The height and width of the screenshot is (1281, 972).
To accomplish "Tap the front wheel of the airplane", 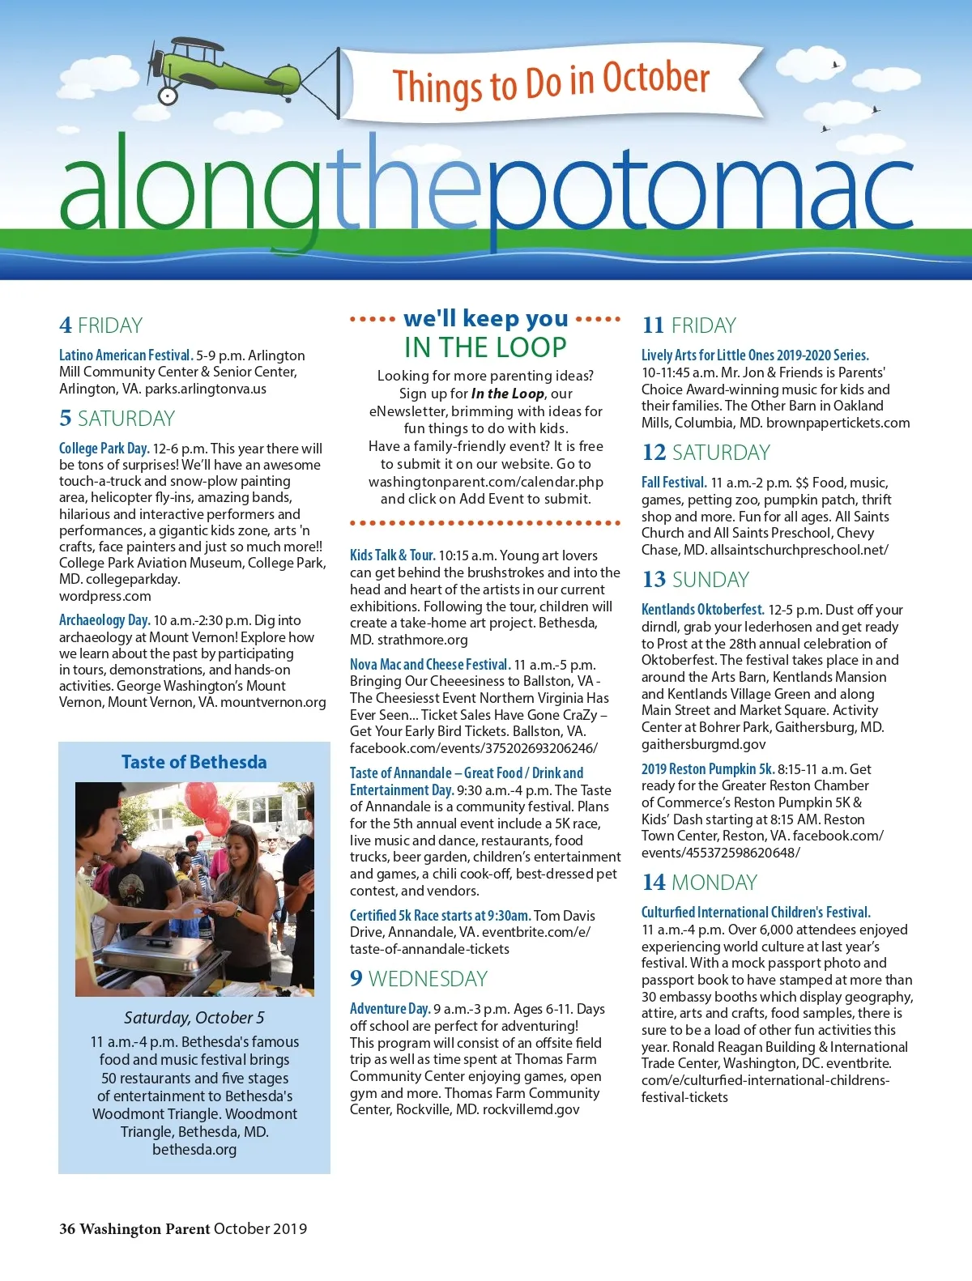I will click(x=168, y=96).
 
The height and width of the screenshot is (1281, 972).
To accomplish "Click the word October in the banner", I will click(x=656, y=79).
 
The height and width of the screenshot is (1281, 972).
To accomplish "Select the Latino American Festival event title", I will click(x=126, y=355).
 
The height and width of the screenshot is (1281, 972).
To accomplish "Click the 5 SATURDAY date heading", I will click(x=117, y=419).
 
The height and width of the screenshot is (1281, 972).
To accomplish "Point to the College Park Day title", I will click(x=104, y=448).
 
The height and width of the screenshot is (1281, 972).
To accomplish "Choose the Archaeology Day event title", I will click(x=104, y=620).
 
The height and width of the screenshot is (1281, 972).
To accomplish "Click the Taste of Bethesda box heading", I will click(x=194, y=762).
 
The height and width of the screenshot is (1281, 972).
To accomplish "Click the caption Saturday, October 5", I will click(x=194, y=1017).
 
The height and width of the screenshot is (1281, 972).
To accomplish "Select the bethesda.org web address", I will click(x=194, y=1149).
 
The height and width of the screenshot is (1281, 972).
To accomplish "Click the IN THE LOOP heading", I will click(x=485, y=347).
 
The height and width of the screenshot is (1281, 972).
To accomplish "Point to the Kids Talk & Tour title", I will click(x=392, y=555).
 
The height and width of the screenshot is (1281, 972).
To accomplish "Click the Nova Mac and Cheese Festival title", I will click(x=429, y=664).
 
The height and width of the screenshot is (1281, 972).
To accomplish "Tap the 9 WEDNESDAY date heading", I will click(x=419, y=979).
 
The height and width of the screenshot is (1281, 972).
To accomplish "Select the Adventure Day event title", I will click(x=390, y=1009).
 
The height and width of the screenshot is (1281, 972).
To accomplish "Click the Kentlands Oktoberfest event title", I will click(x=702, y=609).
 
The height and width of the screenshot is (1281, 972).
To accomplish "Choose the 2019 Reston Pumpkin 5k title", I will click(x=707, y=768).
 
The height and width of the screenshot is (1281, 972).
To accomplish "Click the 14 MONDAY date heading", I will click(x=699, y=883).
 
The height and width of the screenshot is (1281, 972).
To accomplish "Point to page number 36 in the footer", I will click(x=67, y=1228).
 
